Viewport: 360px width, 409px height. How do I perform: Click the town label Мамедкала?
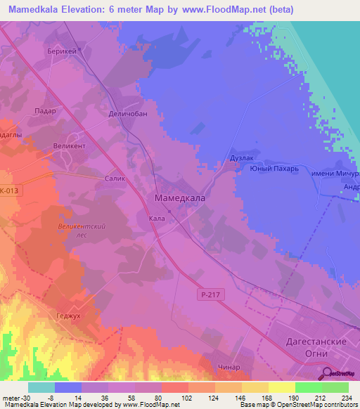[179, 199]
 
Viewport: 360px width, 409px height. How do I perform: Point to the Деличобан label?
[128, 114]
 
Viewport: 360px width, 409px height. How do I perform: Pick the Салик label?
[114, 178]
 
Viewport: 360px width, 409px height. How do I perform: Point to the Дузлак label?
[242, 159]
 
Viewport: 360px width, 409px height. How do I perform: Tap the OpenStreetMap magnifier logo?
[328, 374]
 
